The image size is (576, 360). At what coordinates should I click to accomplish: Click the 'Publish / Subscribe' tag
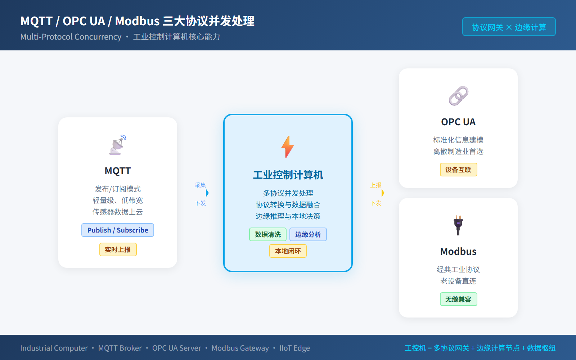pyautogui.click(x=118, y=230)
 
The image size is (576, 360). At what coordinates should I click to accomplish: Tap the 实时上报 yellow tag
pyautogui.click(x=118, y=249)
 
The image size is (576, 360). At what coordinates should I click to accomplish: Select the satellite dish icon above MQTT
pyautogui.click(x=118, y=145)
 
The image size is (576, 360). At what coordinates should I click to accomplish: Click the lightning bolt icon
pyautogui.click(x=288, y=147)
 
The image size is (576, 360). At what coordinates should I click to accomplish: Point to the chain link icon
pyautogui.click(x=458, y=96)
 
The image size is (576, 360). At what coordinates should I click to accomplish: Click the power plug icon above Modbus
pyautogui.click(x=458, y=225)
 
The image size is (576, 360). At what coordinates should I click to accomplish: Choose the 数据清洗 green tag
pyautogui.click(x=267, y=234)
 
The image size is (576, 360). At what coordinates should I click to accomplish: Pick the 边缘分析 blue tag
pyautogui.click(x=308, y=234)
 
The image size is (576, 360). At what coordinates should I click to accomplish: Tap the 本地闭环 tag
pyautogui.click(x=288, y=251)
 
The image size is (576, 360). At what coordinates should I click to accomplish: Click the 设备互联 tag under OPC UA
pyautogui.click(x=458, y=170)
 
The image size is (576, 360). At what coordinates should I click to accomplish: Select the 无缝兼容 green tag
pyautogui.click(x=458, y=299)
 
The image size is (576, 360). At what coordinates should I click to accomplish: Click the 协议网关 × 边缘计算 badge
pyautogui.click(x=509, y=27)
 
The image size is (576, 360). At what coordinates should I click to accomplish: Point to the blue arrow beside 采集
pyautogui.click(x=207, y=193)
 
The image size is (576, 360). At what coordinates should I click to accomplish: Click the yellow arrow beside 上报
pyautogui.click(x=383, y=193)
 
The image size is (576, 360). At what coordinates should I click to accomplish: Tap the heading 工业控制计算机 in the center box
pyautogui.click(x=288, y=175)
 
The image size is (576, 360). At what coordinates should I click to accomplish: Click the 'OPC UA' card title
pyautogui.click(x=458, y=122)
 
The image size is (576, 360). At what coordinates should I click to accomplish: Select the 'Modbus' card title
pyautogui.click(x=458, y=252)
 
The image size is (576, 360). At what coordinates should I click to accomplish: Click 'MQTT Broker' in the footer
pyautogui.click(x=120, y=348)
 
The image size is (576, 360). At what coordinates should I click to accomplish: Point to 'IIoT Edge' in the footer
pyautogui.click(x=294, y=348)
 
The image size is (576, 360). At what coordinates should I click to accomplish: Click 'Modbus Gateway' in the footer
pyautogui.click(x=240, y=348)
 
